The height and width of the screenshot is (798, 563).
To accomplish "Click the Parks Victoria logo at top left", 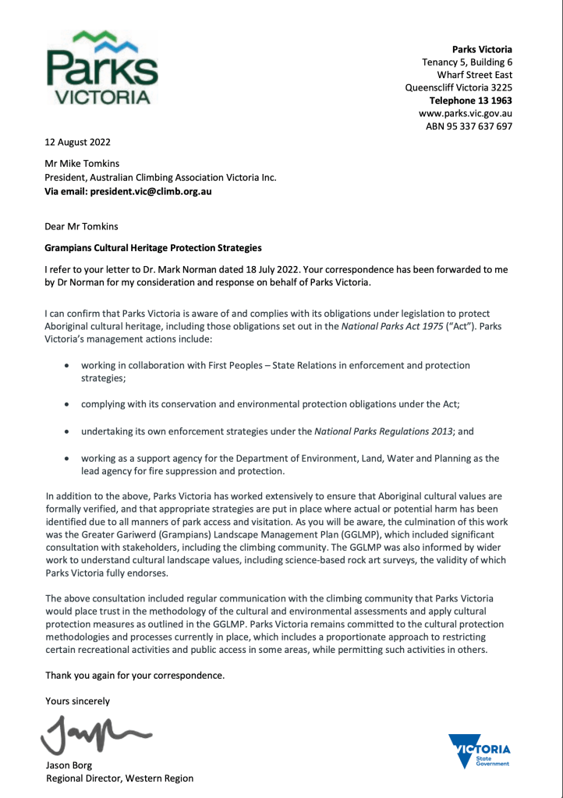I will [x=101, y=69].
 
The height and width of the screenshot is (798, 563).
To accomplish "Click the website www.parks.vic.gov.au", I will [x=466, y=113].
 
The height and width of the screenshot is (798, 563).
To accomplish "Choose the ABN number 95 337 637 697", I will [x=469, y=126].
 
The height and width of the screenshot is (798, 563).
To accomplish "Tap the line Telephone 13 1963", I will [x=471, y=101].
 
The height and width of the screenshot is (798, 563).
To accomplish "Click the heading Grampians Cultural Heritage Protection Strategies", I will [x=153, y=248].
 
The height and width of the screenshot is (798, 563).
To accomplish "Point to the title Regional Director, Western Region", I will [x=119, y=778].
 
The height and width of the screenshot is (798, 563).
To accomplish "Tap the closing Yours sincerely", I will [x=77, y=700].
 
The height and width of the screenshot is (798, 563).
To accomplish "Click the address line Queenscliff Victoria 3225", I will [x=459, y=87].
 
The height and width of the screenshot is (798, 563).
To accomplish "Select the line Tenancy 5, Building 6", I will [x=467, y=62].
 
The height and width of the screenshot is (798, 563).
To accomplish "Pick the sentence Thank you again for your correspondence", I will [x=135, y=675].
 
